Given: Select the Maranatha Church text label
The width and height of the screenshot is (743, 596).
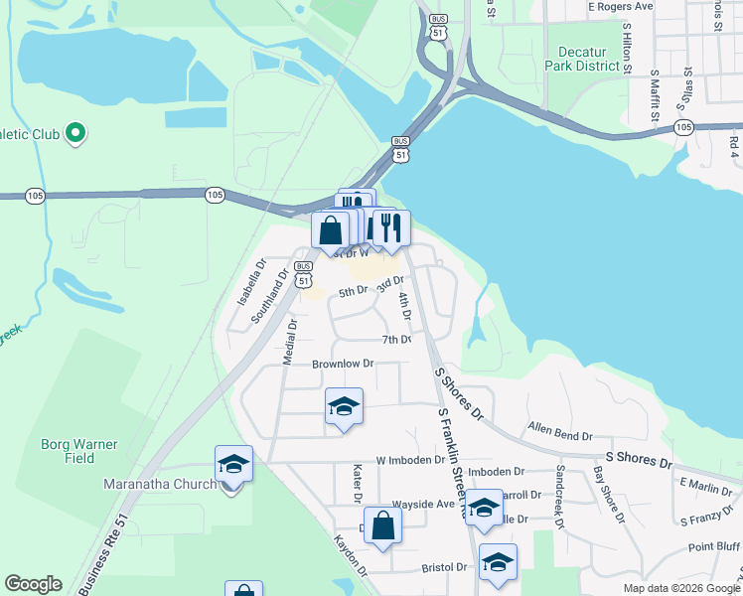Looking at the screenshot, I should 159,485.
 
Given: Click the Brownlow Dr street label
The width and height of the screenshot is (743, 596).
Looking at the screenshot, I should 343,365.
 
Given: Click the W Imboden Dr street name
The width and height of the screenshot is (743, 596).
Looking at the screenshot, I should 411,461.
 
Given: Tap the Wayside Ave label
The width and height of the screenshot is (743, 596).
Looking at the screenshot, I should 422,504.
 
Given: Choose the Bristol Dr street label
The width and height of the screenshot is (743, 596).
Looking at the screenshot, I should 444,567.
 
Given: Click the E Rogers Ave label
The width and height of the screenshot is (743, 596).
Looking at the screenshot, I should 620,6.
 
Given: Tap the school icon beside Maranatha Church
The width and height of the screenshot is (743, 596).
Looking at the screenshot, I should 233,464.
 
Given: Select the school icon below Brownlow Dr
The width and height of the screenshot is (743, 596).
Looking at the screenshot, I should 344,406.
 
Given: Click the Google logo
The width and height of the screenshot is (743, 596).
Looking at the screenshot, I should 34,585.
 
